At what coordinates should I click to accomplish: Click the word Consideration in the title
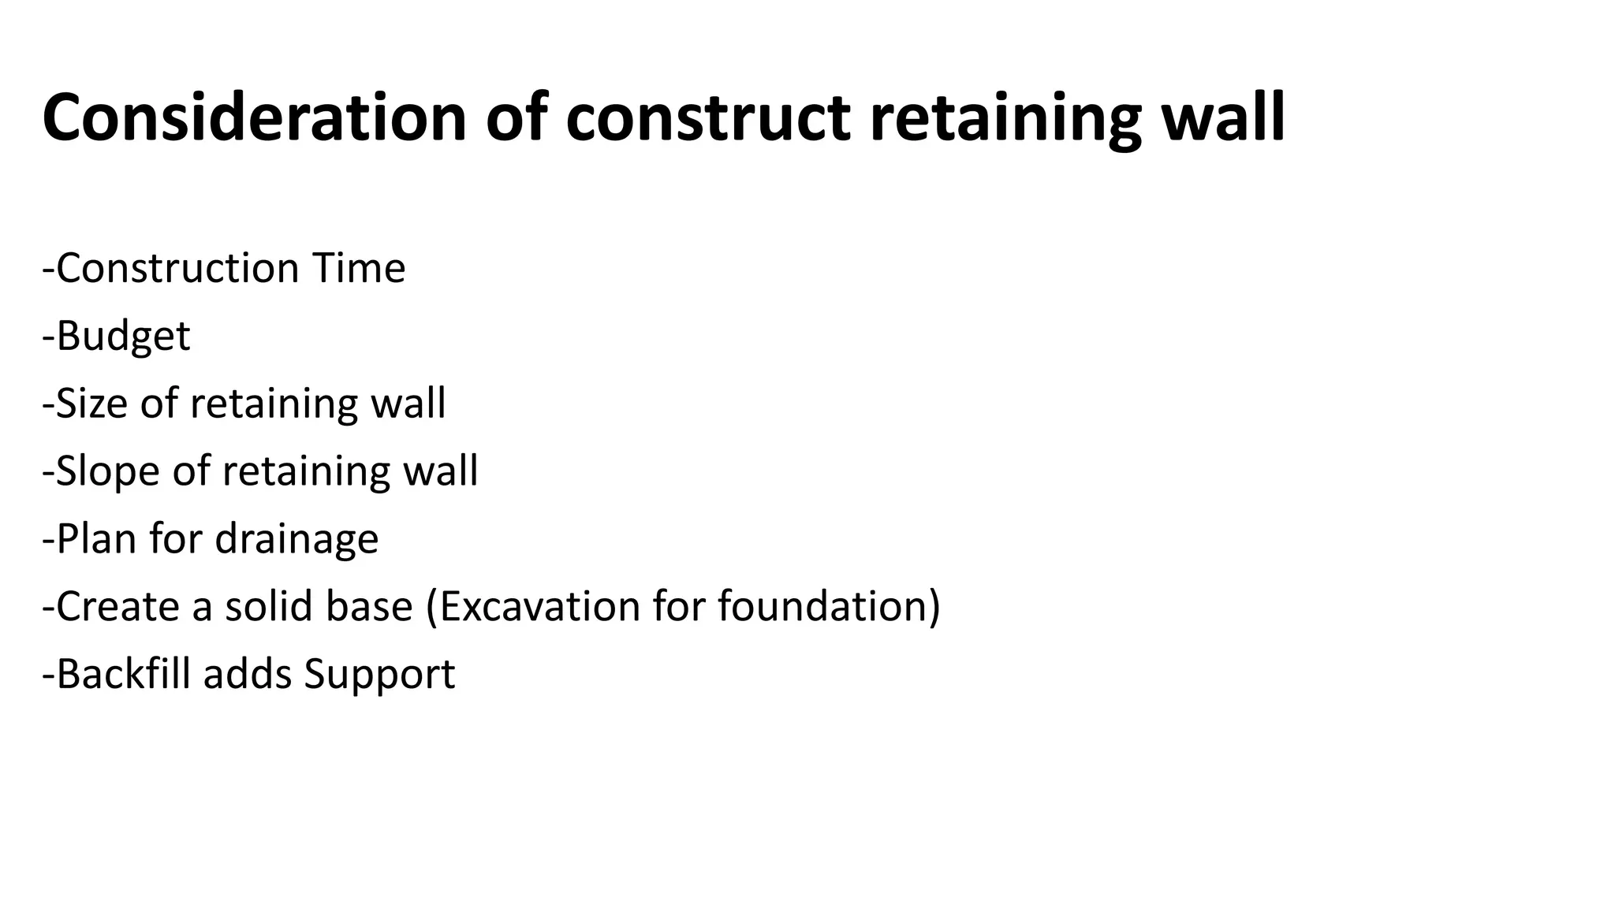pyautogui.click(x=255, y=118)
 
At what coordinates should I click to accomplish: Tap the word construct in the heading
pyautogui.click(x=707, y=118)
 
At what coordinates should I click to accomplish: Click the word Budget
pyautogui.click(x=123, y=337)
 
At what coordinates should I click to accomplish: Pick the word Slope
pyautogui.click(x=107, y=471)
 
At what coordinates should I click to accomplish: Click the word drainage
pyautogui.click(x=297, y=540)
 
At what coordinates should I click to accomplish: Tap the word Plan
pyautogui.click(x=96, y=539)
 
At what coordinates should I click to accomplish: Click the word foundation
pyautogui.click(x=823, y=607)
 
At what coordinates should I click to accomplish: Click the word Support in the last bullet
pyautogui.click(x=379, y=675)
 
